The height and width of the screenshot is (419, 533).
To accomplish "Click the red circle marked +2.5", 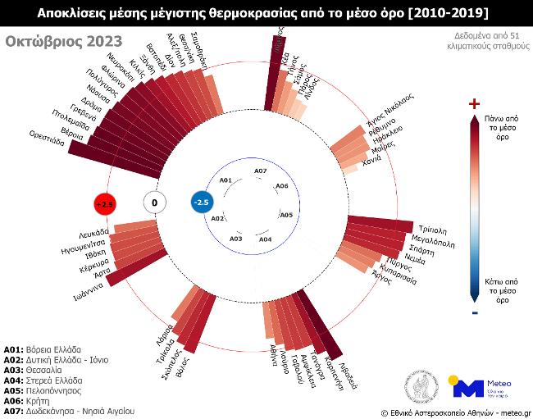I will coord(106,203).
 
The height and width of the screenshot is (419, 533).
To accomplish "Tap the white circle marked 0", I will coord(154,203).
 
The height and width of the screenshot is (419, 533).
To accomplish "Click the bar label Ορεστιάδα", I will coord(47,136).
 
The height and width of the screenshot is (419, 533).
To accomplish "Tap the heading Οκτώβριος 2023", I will coord(64,42).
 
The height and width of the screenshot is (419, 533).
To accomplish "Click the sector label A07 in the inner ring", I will coord(260,171).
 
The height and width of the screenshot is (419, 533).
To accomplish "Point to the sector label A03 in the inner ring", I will coord(236,238).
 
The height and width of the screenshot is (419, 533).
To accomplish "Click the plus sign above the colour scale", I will coord(473,104).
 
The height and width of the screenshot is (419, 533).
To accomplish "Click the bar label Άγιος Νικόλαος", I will coord(390,109).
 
